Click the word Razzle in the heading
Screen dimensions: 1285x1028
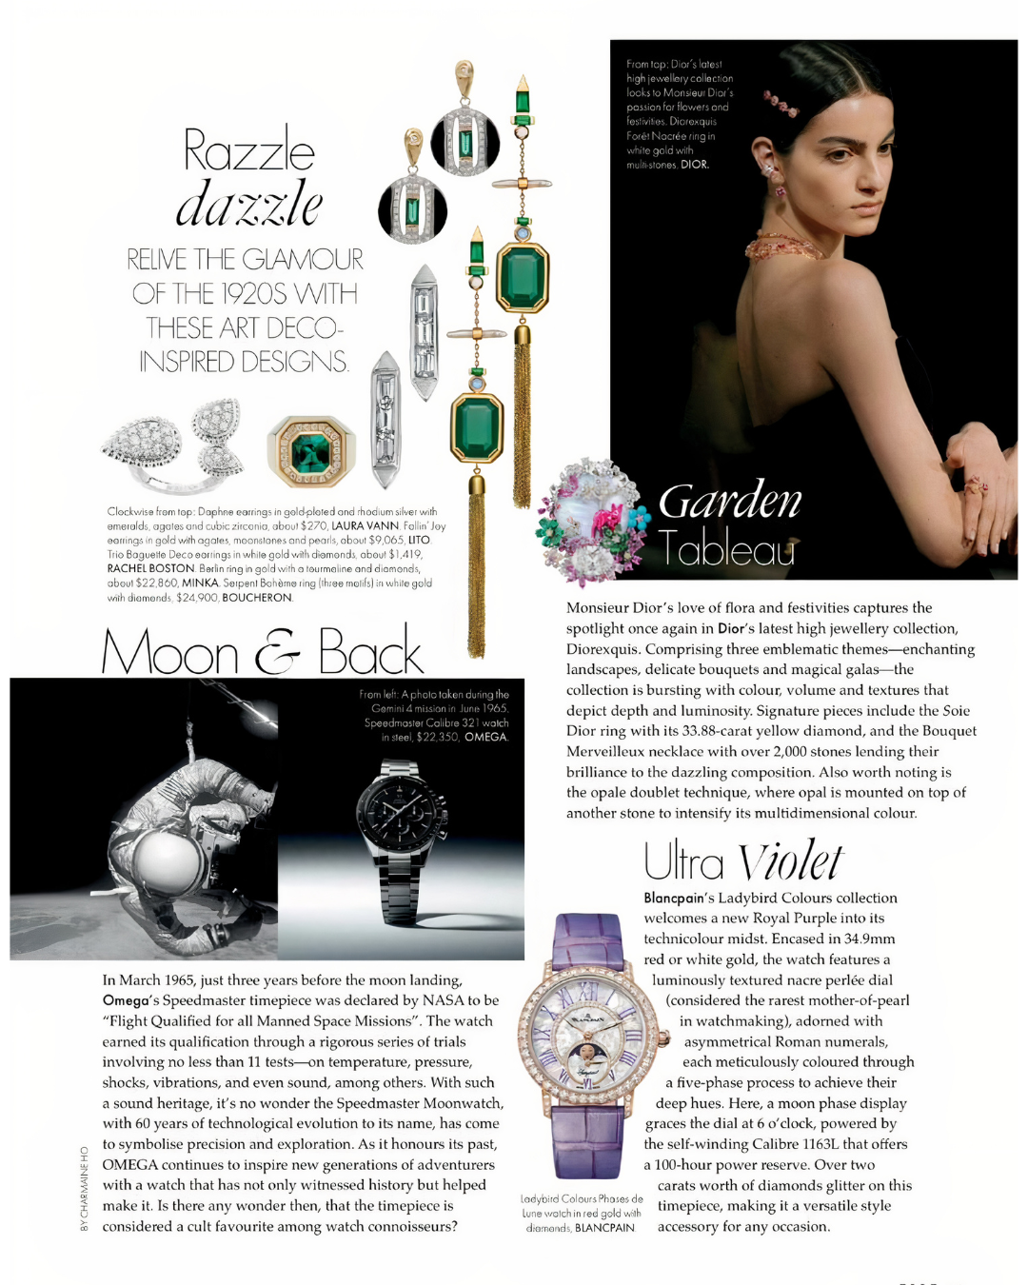pyautogui.click(x=248, y=150)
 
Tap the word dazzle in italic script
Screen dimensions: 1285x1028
pyautogui.click(x=249, y=205)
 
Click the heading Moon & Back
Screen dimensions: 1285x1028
pyautogui.click(x=262, y=653)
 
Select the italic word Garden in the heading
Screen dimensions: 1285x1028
pyautogui.click(x=730, y=502)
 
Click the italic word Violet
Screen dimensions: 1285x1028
pyautogui.click(x=790, y=861)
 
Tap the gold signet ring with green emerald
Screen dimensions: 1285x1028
pyautogui.click(x=311, y=451)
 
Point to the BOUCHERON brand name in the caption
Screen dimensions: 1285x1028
pyautogui.click(x=257, y=598)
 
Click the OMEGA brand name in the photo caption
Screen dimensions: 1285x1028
pyautogui.click(x=486, y=737)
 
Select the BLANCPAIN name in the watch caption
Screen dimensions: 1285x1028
pyautogui.click(x=604, y=1228)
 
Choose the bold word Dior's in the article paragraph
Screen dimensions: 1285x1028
pyautogui.click(x=736, y=628)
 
